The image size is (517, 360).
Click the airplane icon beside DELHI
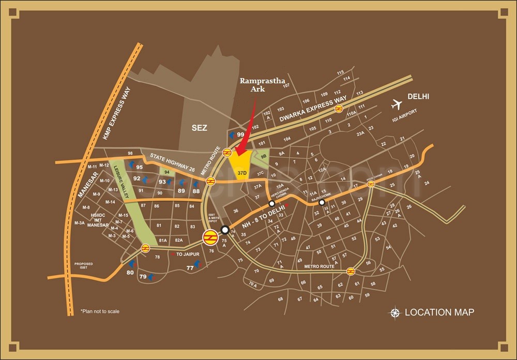(397, 104)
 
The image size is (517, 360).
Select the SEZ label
(199, 128)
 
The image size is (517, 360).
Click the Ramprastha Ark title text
(256, 85)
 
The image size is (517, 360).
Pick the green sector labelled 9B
(262, 157)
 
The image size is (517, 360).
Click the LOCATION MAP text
(439, 312)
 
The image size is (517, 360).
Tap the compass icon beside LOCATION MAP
(396, 312)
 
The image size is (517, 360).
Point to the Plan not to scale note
(100, 311)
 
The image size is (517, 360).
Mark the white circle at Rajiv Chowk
(322, 203)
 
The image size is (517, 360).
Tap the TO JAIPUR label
(187, 255)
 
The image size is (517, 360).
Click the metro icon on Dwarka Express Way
(339, 108)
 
